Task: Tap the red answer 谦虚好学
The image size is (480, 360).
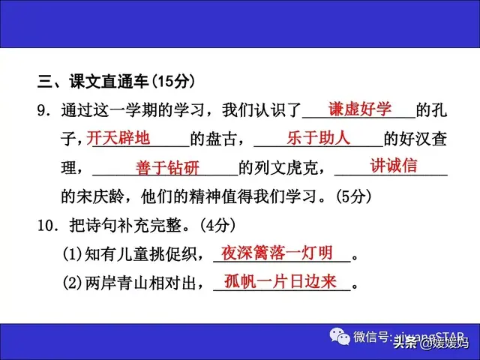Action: click(x=359, y=110)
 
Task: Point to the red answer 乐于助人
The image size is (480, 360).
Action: click(x=318, y=138)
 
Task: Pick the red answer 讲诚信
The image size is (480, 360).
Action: click(x=394, y=166)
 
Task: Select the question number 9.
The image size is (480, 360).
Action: click(x=43, y=110)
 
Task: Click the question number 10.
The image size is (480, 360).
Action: click(x=46, y=226)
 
